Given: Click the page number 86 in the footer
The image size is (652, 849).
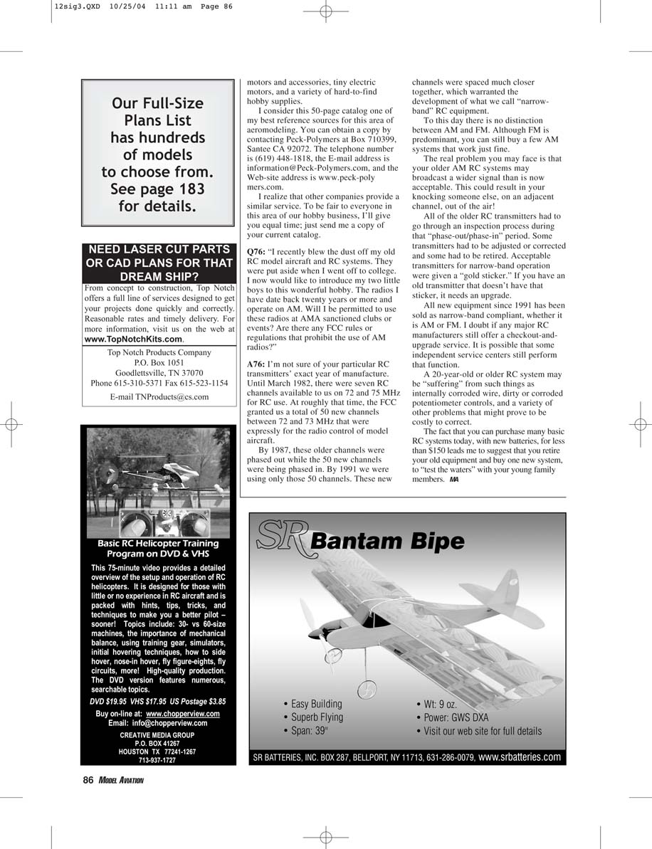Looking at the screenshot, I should [x=88, y=780].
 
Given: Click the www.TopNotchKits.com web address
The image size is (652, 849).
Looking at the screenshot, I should [x=133, y=339].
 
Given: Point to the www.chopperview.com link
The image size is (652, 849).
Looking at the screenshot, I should [x=182, y=714].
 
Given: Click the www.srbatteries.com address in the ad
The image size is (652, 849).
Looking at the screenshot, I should [x=520, y=756].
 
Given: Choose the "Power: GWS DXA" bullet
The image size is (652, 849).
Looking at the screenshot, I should [x=456, y=717].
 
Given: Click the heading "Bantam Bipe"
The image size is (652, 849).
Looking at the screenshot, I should [x=387, y=542].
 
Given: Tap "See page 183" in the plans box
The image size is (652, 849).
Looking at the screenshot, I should [x=157, y=189].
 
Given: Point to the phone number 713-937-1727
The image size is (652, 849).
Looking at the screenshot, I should [x=157, y=760].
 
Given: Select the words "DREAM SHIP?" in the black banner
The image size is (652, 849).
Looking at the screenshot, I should [x=159, y=276].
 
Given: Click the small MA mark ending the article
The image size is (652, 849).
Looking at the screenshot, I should [x=453, y=480].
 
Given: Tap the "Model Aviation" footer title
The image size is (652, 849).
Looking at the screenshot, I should [x=121, y=781].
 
